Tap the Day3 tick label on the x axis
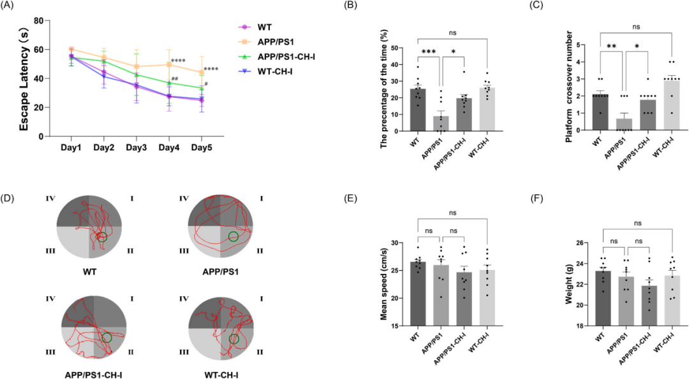[135, 147]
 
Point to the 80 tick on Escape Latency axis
[38, 20]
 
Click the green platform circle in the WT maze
[102, 237]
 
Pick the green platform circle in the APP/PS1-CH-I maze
[107, 337]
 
